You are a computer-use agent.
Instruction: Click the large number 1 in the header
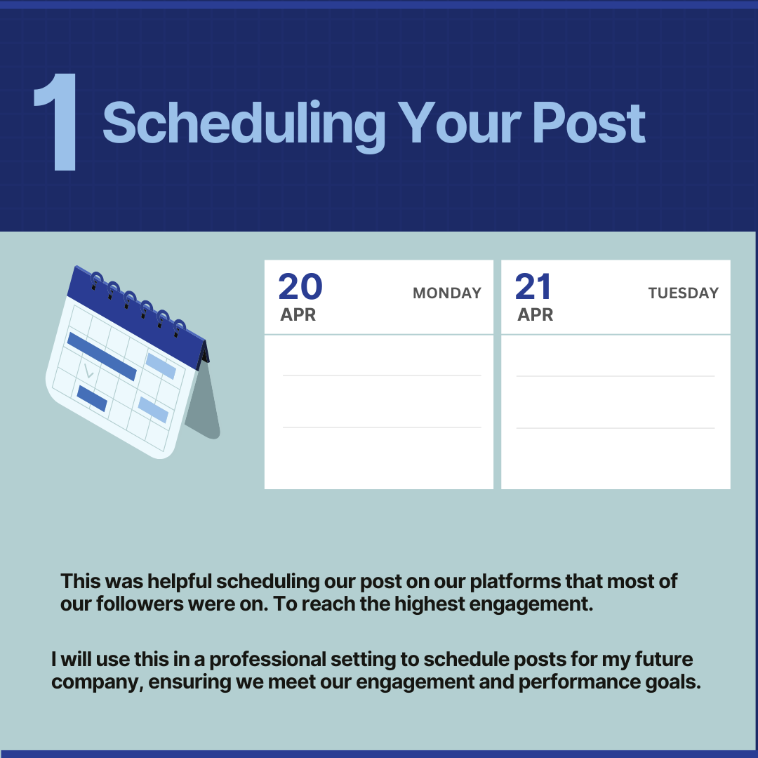click(55, 122)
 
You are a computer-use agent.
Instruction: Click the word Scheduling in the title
click(244, 125)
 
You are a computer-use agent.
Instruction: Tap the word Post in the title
click(589, 123)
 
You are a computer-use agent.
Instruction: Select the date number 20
click(300, 286)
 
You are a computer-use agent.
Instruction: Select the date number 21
click(533, 286)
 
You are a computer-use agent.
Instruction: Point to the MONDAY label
click(447, 293)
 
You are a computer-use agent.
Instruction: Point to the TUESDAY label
click(684, 293)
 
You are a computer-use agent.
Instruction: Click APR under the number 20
click(298, 314)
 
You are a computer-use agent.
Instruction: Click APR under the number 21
click(535, 314)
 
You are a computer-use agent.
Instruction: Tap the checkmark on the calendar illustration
click(89, 371)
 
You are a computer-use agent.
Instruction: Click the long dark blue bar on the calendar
click(102, 357)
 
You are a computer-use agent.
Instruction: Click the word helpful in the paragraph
click(180, 581)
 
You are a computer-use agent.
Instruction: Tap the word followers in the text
click(140, 604)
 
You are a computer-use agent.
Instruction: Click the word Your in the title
click(459, 123)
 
